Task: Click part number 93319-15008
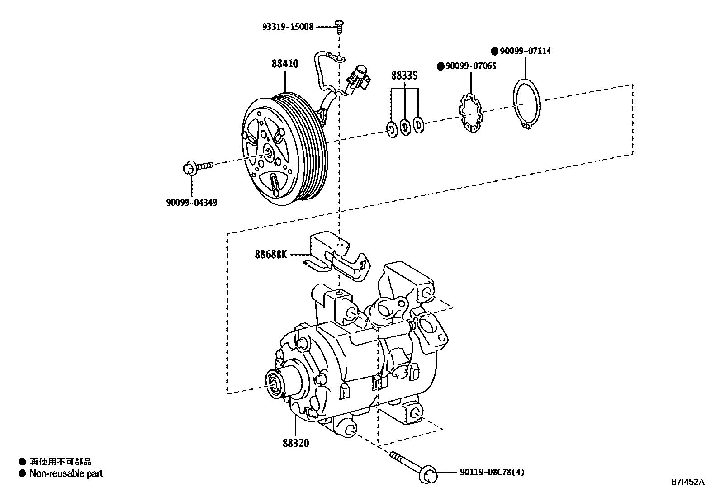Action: tap(288, 27)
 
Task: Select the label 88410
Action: tap(285, 64)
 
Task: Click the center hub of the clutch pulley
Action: tap(268, 153)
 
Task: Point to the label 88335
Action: tap(404, 76)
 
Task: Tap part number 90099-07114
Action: tap(525, 51)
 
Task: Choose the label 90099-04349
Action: tap(191, 202)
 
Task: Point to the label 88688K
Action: tap(271, 255)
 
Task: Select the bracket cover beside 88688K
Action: tap(337, 256)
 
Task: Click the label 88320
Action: tap(296, 443)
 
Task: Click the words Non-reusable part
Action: tap(66, 473)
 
